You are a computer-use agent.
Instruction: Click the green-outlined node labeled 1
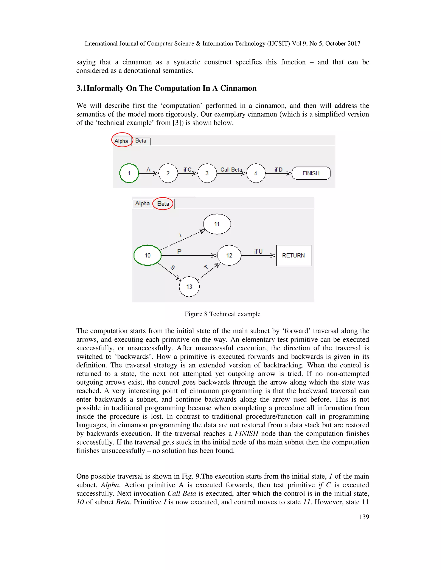pos(129,173)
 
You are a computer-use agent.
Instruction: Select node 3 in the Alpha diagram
pos(207,173)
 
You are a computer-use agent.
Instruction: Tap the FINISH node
pos(311,173)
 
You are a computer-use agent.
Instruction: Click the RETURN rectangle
pos(293,255)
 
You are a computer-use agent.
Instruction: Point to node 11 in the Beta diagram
pos(217,224)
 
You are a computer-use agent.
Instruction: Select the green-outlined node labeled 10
pos(147,255)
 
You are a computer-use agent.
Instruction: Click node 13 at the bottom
pos(189,287)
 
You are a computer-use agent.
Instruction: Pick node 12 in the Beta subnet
pos(229,255)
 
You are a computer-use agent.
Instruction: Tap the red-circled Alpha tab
pos(121,141)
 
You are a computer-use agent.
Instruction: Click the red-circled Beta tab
pos(163,203)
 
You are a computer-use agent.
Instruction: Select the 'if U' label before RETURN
pos(258,251)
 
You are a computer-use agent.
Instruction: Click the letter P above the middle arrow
pos(179,251)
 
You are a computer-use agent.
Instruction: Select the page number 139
pos(364,516)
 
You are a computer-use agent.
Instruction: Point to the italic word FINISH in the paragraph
pos(246,433)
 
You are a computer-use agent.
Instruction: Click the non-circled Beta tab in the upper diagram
pos(141,141)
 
